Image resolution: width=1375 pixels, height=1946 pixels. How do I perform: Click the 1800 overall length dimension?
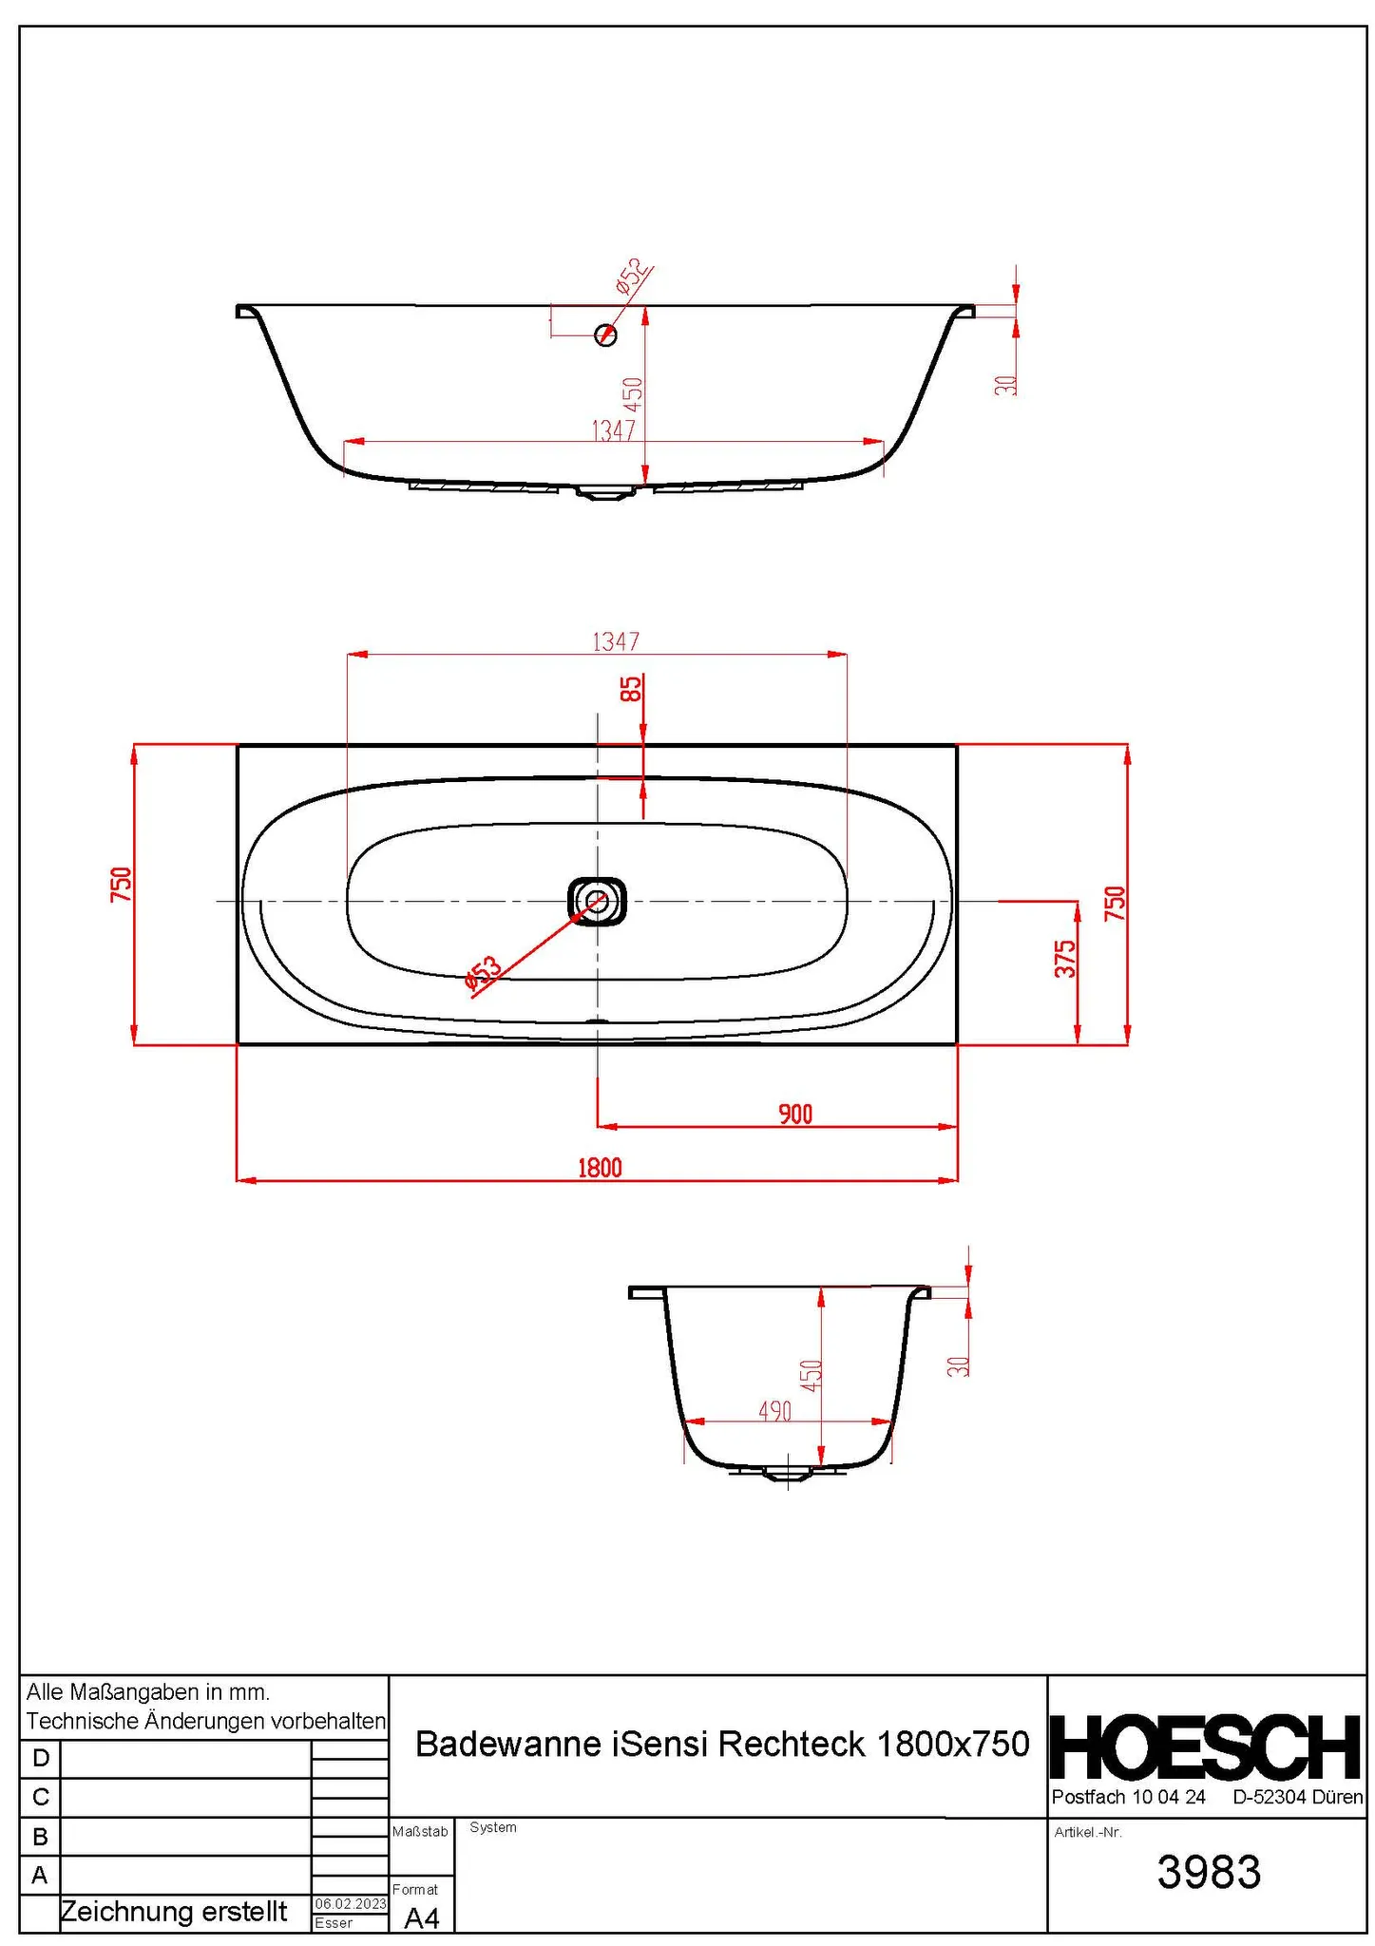[600, 1167]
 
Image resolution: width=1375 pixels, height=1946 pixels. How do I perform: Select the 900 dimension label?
[795, 1114]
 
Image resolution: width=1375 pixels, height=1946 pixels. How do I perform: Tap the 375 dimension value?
[1066, 959]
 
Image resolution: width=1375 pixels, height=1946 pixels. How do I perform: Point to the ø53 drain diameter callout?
[483, 973]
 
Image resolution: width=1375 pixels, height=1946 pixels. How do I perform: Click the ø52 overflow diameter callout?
[633, 276]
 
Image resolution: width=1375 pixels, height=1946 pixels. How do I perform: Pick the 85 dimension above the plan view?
[631, 689]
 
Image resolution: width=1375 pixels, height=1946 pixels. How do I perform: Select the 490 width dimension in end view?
[774, 1412]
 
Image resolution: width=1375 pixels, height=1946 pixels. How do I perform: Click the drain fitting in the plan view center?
[597, 900]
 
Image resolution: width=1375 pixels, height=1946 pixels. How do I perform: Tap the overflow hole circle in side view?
[605, 334]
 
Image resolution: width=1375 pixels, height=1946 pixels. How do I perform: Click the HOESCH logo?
[1205, 1747]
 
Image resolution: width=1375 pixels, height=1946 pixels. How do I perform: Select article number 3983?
[1208, 1872]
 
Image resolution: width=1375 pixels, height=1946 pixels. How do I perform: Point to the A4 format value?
[422, 1918]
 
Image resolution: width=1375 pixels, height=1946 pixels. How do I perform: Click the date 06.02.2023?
[351, 1904]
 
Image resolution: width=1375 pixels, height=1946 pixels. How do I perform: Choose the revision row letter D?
[40, 1758]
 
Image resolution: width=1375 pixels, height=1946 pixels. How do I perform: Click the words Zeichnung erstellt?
[174, 1912]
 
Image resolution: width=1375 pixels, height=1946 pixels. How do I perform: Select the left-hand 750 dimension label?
[121, 885]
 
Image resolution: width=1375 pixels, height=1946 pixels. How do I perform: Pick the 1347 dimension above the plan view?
[616, 642]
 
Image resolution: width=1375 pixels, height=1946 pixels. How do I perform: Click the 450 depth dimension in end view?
[811, 1375]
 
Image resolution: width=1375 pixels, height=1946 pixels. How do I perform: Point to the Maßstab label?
[419, 1831]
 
